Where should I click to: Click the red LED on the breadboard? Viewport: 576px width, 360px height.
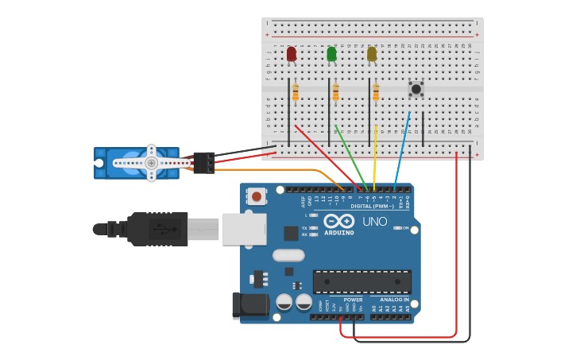292,54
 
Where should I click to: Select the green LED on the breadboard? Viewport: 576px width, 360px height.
331,54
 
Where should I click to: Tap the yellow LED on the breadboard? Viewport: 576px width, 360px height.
372,54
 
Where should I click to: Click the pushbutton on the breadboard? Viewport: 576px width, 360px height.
416,89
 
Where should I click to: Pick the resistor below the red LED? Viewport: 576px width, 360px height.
296,94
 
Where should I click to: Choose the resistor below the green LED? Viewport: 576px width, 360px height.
335,94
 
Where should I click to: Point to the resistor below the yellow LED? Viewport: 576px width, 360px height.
376,94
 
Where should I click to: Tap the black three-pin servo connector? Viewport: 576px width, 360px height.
203,162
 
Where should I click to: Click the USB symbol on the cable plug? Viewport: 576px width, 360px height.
163,230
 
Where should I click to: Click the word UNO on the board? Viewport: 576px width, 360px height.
374,223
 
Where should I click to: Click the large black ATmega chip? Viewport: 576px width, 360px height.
362,281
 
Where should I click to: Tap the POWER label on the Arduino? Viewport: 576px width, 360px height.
353,300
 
